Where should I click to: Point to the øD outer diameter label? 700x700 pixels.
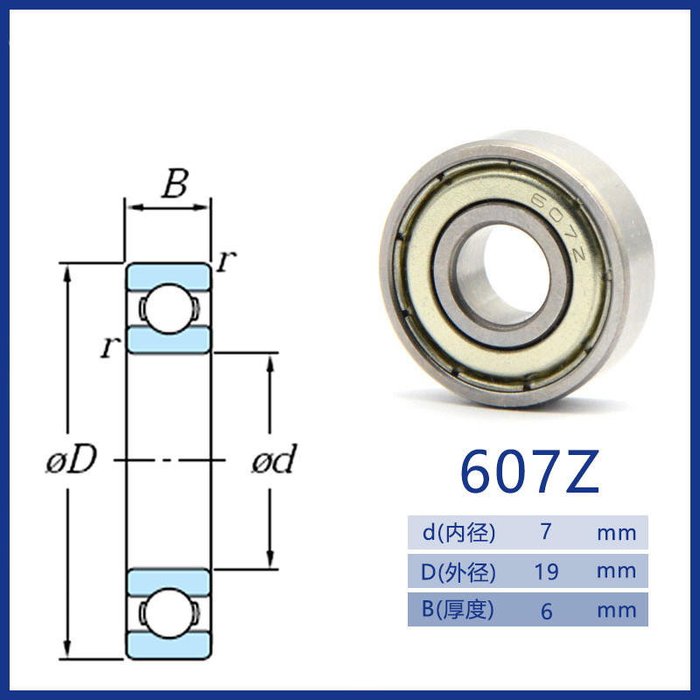point(72,458)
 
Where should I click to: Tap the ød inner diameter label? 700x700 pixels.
point(274,458)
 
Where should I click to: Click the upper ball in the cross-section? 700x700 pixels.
point(169,309)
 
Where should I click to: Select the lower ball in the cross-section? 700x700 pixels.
point(169,613)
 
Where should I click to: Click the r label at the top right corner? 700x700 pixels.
point(226,260)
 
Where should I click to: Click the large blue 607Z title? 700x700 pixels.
point(529,472)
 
